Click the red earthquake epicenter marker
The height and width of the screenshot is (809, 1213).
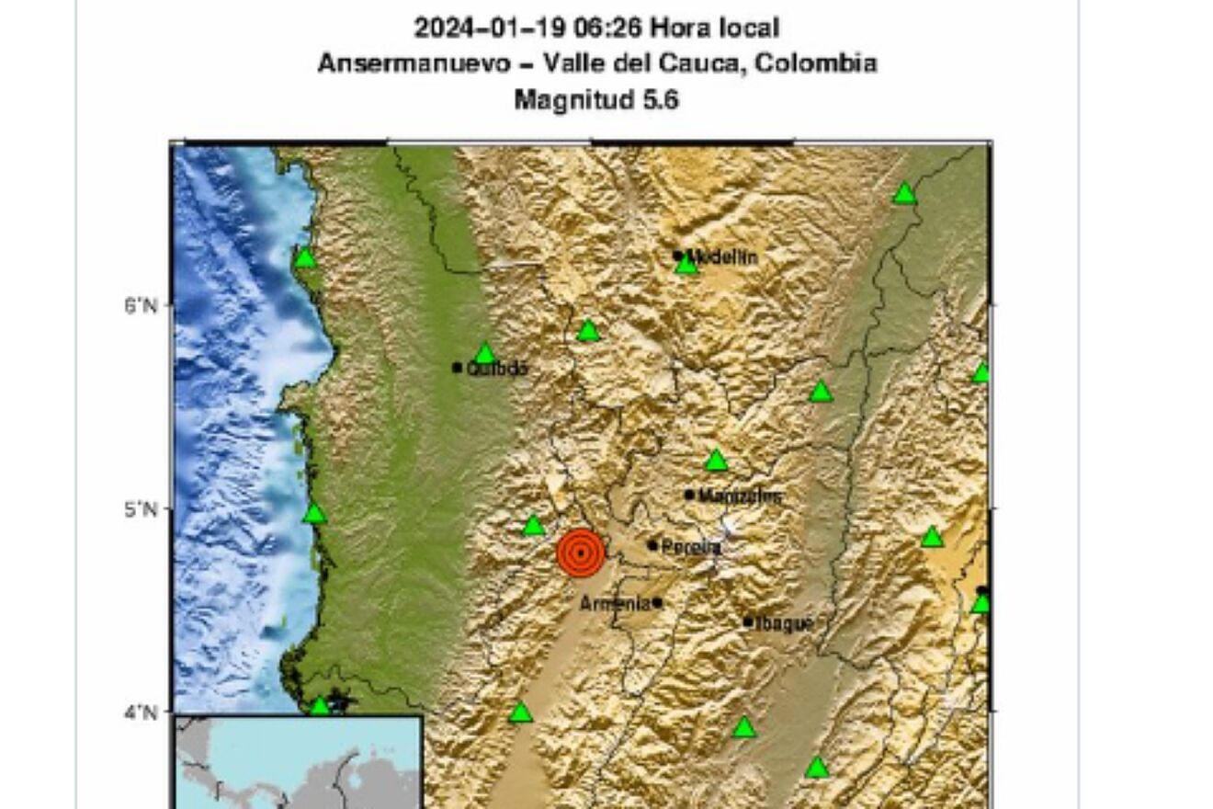tap(581, 553)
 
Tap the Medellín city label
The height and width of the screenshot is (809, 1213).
tap(723, 257)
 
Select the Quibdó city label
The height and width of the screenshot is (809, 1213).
tap(498, 369)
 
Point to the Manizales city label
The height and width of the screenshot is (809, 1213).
tap(741, 496)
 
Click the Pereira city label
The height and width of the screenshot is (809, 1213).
tap(691, 547)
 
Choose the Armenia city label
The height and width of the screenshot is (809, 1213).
tap(615, 604)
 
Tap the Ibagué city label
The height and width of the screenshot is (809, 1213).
tap(783, 624)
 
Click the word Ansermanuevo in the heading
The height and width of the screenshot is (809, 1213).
tap(412, 63)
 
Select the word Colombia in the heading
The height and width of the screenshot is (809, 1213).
tap(819, 63)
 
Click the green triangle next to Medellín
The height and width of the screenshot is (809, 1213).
tap(686, 266)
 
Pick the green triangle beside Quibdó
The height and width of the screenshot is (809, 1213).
tap(485, 354)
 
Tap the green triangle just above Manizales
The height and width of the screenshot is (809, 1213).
tap(716, 461)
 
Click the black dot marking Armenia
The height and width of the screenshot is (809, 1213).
tap(657, 603)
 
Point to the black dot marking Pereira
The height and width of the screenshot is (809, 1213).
tap(652, 545)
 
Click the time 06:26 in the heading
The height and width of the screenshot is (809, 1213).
tap(607, 28)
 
